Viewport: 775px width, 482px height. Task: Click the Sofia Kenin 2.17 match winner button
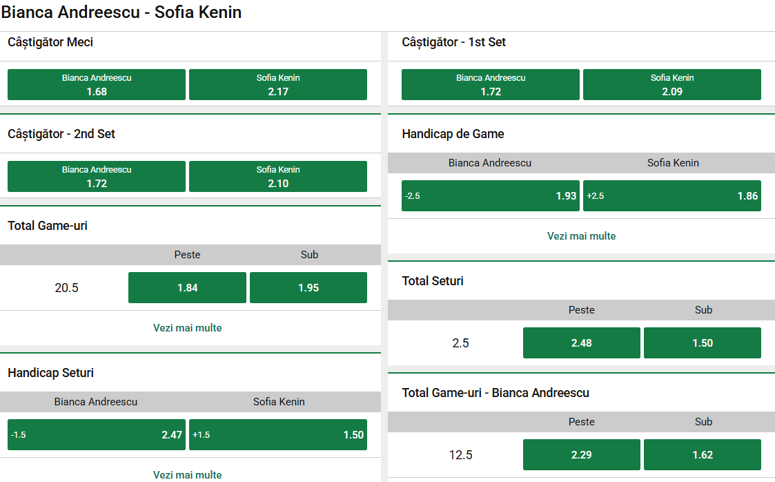278,85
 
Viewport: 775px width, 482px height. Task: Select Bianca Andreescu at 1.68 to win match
97,85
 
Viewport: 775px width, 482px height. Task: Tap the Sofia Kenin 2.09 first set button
672,85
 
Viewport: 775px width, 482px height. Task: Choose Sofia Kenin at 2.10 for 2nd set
278,177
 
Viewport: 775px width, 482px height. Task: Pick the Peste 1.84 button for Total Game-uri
187,288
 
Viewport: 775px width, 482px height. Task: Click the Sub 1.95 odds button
308,288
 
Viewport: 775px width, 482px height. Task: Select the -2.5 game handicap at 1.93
491,196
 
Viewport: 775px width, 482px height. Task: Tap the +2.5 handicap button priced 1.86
672,196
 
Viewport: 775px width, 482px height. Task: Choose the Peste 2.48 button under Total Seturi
582,343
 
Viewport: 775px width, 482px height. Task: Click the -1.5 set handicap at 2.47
97,435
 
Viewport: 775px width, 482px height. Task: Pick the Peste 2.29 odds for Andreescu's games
582,455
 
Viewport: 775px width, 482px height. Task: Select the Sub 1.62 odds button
703,455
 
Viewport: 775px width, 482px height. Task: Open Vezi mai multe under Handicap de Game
582,236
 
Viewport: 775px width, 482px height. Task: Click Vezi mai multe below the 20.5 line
188,328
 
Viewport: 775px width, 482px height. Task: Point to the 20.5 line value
67,288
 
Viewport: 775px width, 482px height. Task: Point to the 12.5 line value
461,455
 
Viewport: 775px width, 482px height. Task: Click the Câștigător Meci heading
50,42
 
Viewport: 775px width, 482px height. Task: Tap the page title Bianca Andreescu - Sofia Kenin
121,12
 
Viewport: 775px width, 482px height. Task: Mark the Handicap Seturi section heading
50,373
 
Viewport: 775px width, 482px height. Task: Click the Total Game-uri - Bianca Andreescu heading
496,393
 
